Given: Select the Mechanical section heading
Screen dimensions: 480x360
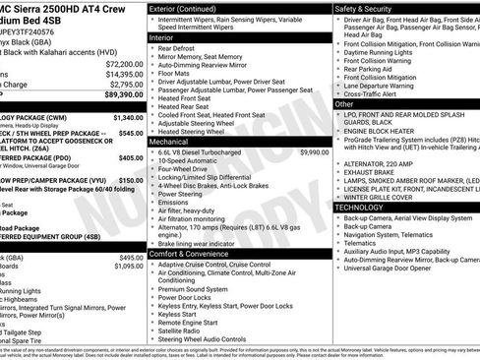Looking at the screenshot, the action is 171,142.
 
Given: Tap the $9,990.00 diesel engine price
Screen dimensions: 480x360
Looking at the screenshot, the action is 314,152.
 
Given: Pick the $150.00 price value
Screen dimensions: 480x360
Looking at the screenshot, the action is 130,181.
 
